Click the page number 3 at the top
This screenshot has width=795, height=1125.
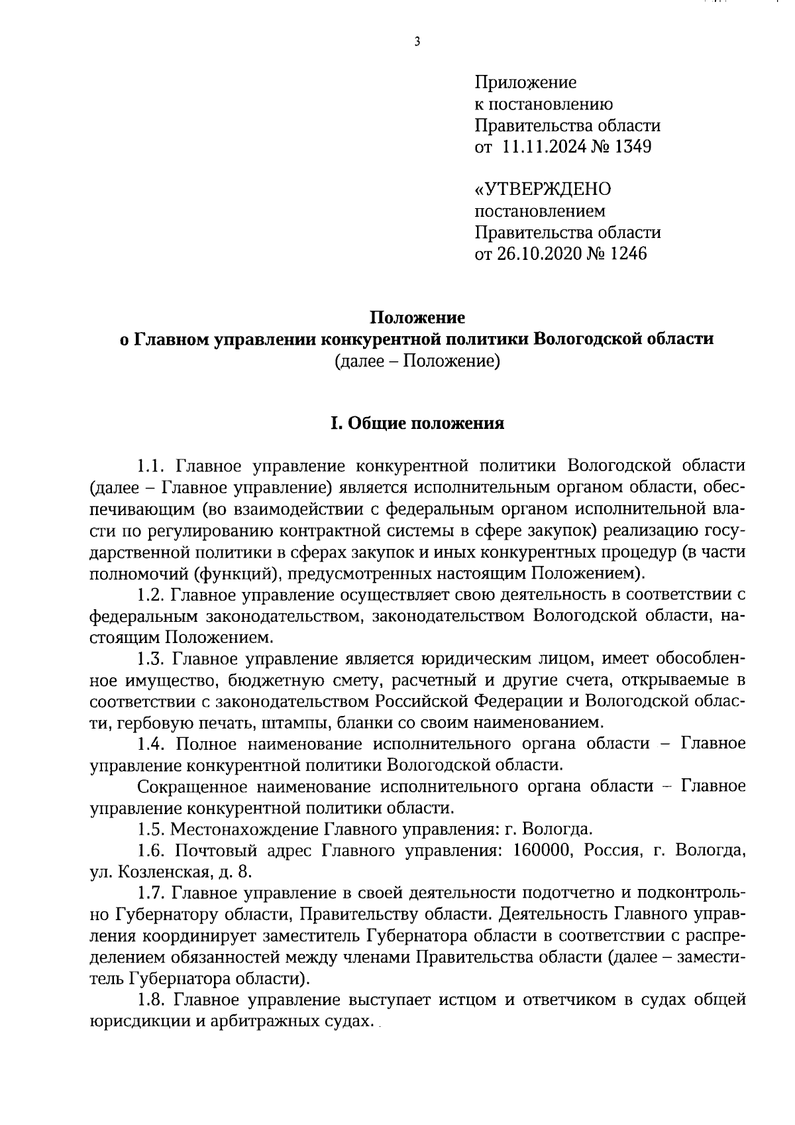click(417, 42)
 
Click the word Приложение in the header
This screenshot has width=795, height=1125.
click(525, 83)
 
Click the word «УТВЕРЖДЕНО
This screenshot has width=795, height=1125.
click(543, 190)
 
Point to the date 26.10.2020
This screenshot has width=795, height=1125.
click(537, 254)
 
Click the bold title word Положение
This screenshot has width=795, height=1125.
click(417, 318)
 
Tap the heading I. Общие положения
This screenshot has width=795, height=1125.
click(417, 424)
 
